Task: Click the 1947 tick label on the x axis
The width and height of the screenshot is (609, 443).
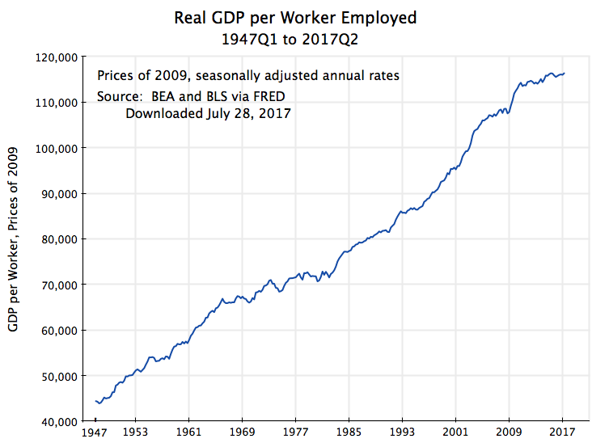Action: click(95, 433)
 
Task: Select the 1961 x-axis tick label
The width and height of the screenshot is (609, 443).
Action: click(188, 433)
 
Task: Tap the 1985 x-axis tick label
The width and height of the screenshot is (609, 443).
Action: click(349, 433)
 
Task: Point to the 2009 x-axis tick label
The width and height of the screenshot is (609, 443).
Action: click(510, 433)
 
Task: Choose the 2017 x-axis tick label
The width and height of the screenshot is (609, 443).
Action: click(563, 433)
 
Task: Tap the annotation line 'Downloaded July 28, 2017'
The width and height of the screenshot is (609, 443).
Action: click(208, 114)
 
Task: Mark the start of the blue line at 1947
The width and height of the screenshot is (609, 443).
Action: click(95, 400)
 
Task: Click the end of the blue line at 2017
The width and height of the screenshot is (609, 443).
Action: click(565, 74)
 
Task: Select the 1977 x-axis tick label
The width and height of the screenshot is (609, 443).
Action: click(295, 433)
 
